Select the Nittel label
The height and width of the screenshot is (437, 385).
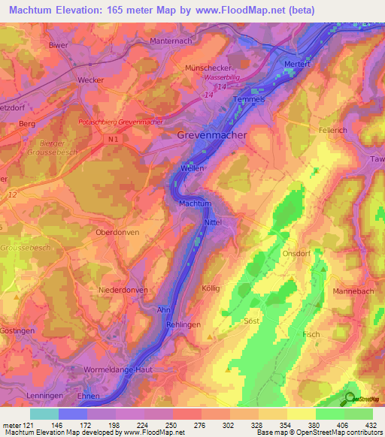213,223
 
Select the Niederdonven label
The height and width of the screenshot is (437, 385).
122,289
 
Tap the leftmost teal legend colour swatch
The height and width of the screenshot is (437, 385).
44,414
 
